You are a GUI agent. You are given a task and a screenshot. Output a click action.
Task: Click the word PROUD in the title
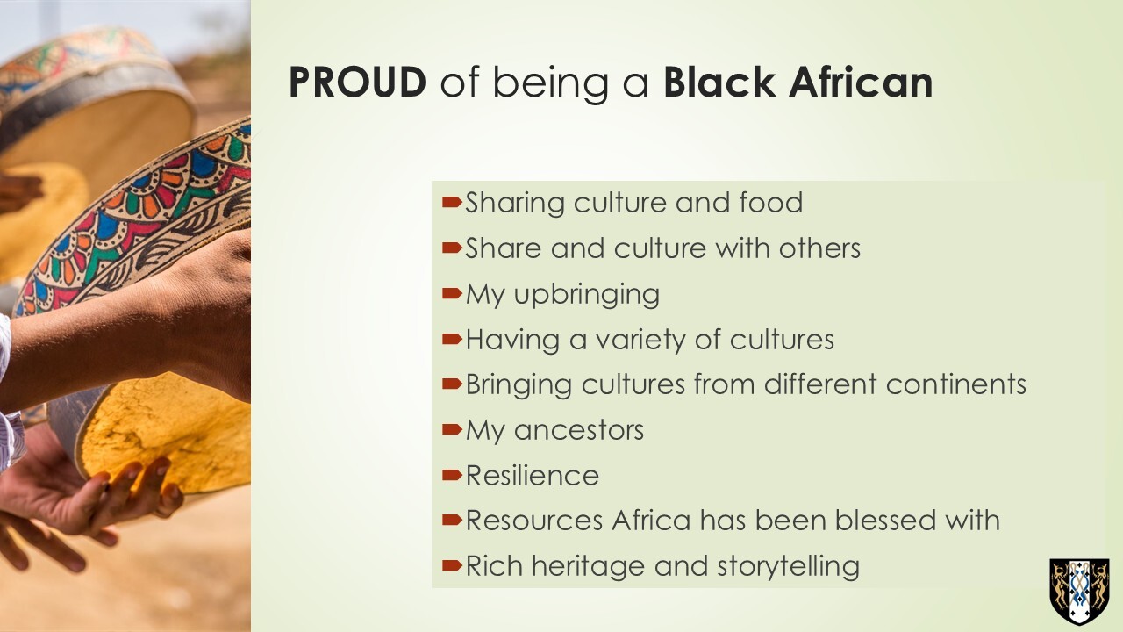click(357, 83)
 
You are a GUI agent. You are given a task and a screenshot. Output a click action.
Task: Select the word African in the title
click(861, 82)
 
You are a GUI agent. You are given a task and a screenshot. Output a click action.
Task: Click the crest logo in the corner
click(1079, 592)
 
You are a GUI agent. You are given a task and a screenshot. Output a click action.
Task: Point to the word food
click(770, 202)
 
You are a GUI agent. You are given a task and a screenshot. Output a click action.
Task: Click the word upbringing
click(587, 295)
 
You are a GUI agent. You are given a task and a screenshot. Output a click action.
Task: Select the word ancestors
click(578, 431)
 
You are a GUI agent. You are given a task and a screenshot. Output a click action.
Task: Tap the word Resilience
click(533, 476)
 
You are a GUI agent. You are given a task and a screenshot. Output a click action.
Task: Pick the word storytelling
click(788, 567)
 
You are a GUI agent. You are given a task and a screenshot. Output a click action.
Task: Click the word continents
click(956, 384)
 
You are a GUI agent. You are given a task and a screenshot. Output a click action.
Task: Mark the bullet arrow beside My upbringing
click(452, 293)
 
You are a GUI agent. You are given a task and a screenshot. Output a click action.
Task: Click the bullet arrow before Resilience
click(452, 475)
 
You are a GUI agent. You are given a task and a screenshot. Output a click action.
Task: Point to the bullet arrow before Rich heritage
click(452, 566)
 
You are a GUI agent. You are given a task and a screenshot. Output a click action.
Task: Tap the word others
click(819, 248)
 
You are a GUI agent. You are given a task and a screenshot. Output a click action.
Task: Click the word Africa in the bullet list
click(651, 520)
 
